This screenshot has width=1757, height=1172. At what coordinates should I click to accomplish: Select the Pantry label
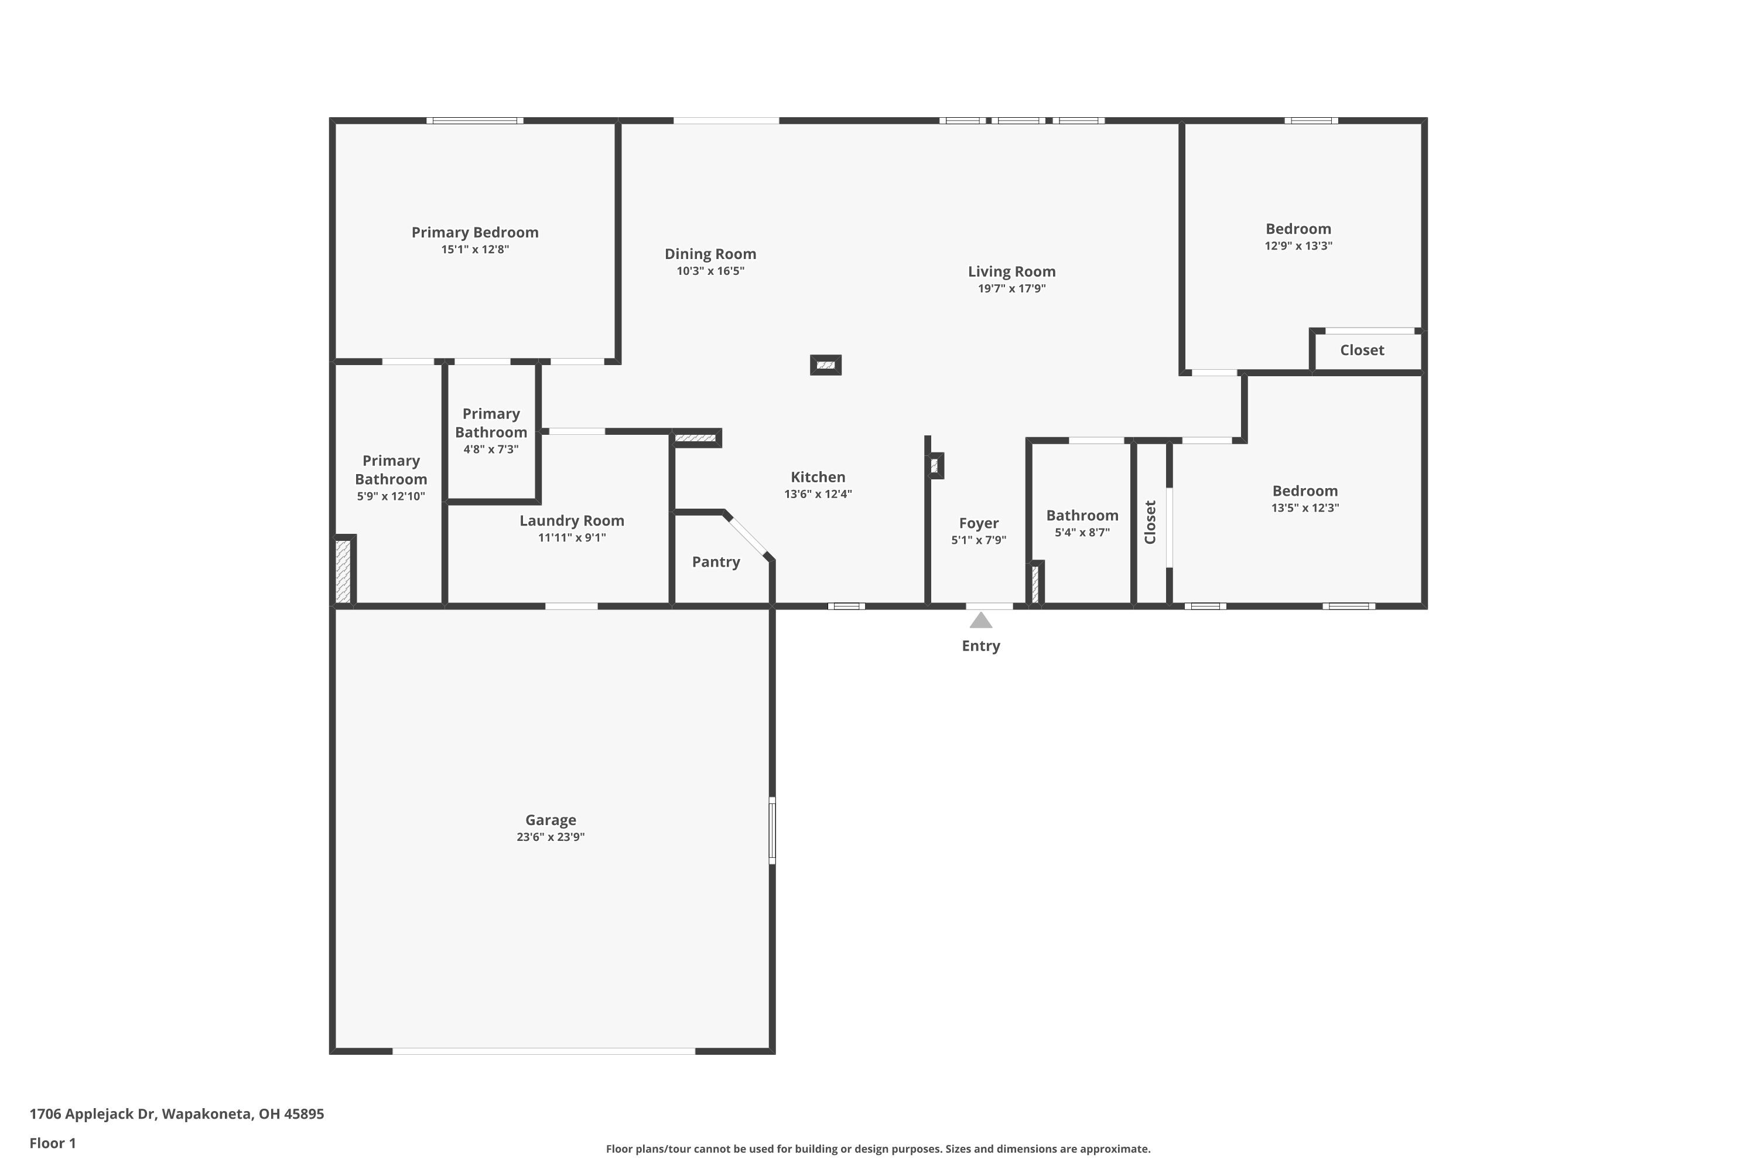point(716,561)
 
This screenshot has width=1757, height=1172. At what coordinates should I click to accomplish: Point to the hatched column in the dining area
point(825,364)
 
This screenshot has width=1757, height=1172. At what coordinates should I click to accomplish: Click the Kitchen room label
point(818,477)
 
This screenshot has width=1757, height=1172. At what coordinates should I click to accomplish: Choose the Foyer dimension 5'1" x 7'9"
point(979,540)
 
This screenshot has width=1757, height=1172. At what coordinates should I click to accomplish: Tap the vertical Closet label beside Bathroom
point(1150,522)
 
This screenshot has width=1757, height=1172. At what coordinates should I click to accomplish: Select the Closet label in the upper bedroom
point(1361,350)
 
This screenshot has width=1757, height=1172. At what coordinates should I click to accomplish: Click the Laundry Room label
point(572,520)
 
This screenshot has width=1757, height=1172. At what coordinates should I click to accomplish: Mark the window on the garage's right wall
point(772,830)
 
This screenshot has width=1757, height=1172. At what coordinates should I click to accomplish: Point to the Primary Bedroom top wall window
point(475,120)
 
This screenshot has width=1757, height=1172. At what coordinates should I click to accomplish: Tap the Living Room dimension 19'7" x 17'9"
point(1011,288)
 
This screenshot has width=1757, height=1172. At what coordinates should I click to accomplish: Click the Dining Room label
point(710,254)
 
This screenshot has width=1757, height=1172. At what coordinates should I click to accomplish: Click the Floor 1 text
point(52,1143)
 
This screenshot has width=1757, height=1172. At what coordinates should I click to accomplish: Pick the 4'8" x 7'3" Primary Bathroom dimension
point(490,449)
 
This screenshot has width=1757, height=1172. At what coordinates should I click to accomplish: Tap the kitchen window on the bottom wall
point(846,606)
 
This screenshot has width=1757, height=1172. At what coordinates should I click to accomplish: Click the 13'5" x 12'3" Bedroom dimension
point(1304,507)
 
